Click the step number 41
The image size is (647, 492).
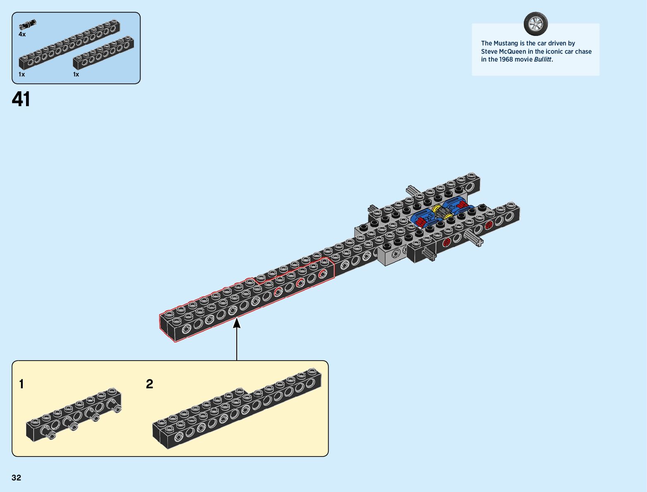[x=21, y=100]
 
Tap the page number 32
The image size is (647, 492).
[x=17, y=478]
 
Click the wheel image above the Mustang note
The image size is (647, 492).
[x=535, y=24]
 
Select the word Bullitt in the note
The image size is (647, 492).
[x=543, y=59]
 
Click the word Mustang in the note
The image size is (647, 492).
[x=506, y=43]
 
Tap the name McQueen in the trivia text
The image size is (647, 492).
[x=512, y=52]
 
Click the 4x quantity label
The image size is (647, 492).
[x=22, y=34]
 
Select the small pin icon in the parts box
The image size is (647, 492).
[x=27, y=25]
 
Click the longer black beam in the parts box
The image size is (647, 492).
[x=69, y=45]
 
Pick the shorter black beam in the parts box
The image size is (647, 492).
[x=103, y=53]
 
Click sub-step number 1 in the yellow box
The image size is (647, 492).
[x=21, y=384]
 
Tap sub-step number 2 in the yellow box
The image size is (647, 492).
[x=150, y=384]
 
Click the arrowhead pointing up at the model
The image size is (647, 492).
[x=237, y=323]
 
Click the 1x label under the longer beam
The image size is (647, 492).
[x=22, y=74]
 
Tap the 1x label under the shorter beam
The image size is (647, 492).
[x=76, y=74]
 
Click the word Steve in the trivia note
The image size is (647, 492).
[x=489, y=52]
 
